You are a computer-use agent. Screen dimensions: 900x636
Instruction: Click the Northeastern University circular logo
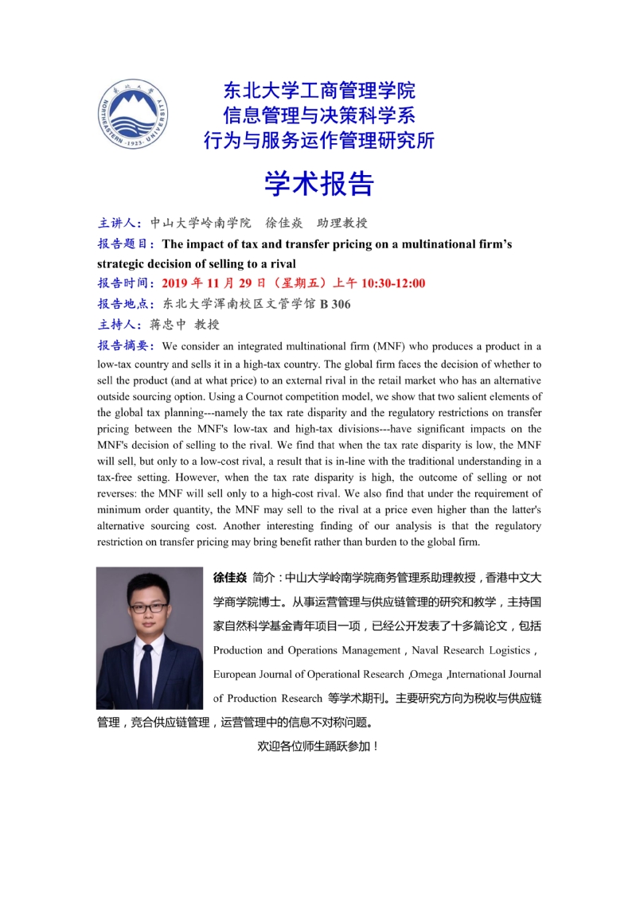pos(133,115)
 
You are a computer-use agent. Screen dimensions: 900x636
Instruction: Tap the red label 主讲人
pos(119,223)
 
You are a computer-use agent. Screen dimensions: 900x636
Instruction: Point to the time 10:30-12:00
pos(393,283)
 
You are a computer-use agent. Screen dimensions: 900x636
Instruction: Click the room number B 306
pos(334,304)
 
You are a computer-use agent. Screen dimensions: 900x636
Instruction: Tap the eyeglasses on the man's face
pos(148,607)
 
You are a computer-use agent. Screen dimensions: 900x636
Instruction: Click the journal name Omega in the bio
pos(427,675)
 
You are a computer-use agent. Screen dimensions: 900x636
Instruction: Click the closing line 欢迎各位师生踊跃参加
pos(318,746)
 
